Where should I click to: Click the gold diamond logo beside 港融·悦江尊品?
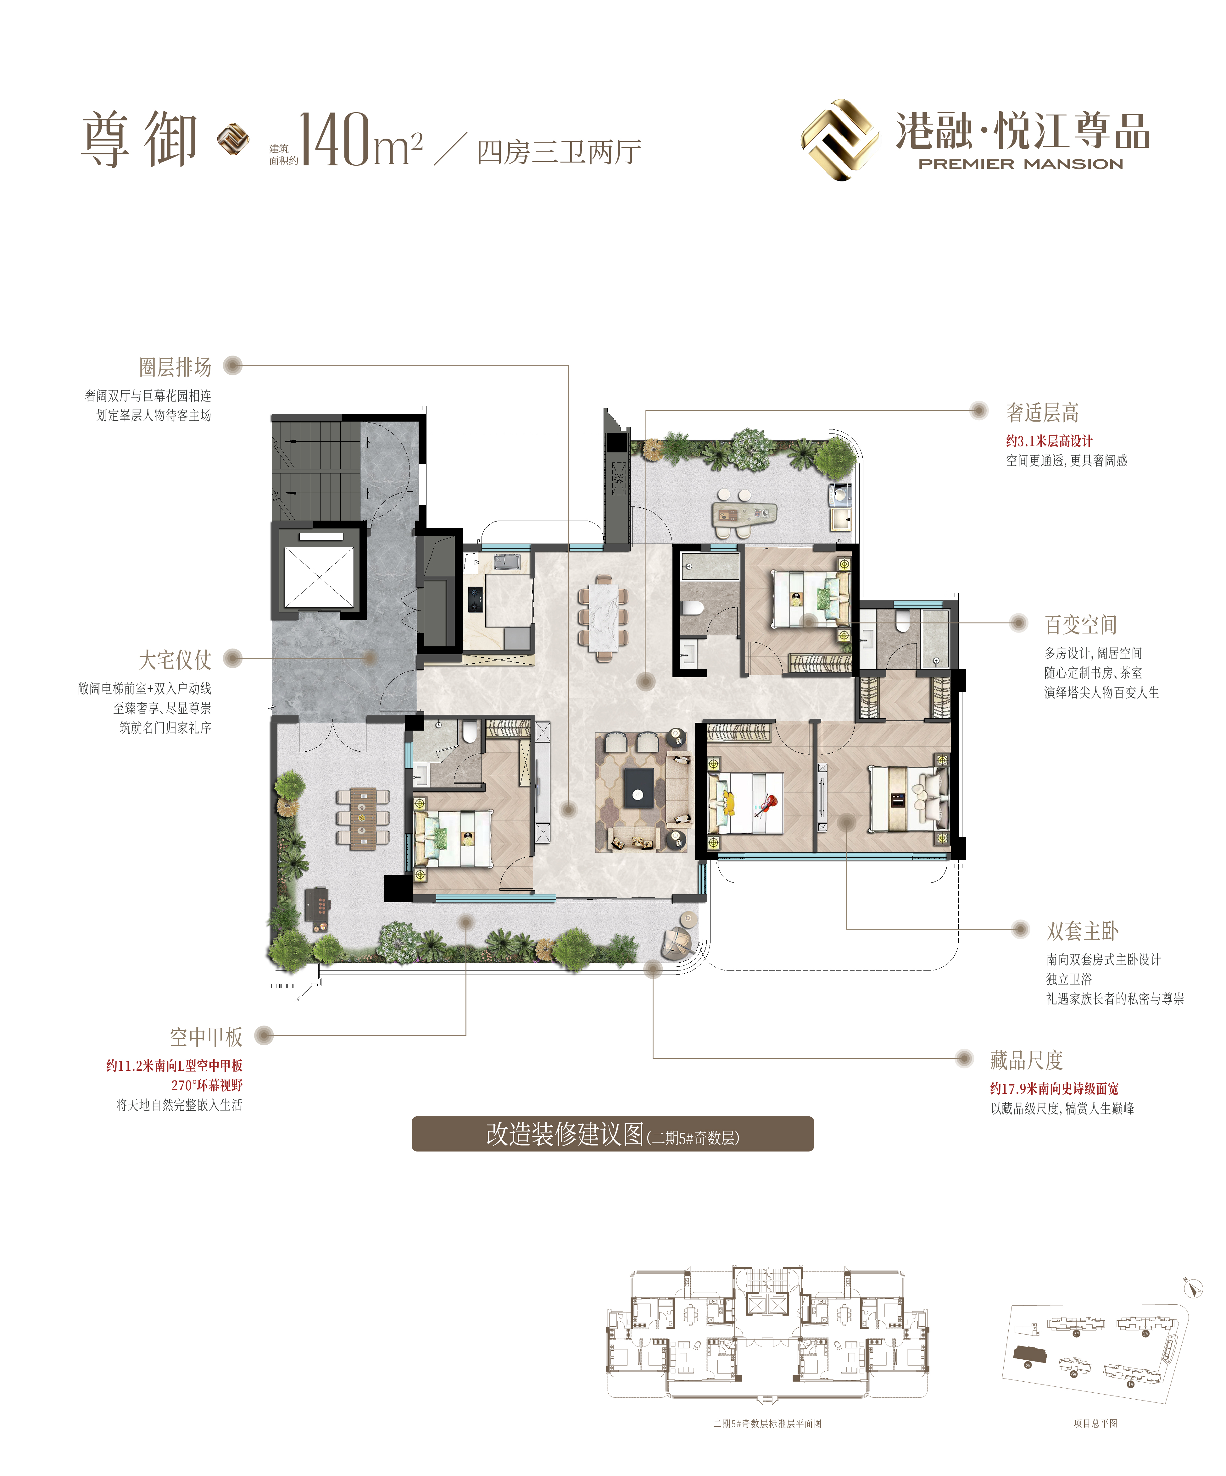[840, 140]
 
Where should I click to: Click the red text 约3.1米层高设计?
[1049, 441]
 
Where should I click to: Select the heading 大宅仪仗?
[175, 659]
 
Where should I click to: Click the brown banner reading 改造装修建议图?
[612, 1134]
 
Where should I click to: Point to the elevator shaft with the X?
[318, 576]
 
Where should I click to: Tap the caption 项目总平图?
[1095, 1423]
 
